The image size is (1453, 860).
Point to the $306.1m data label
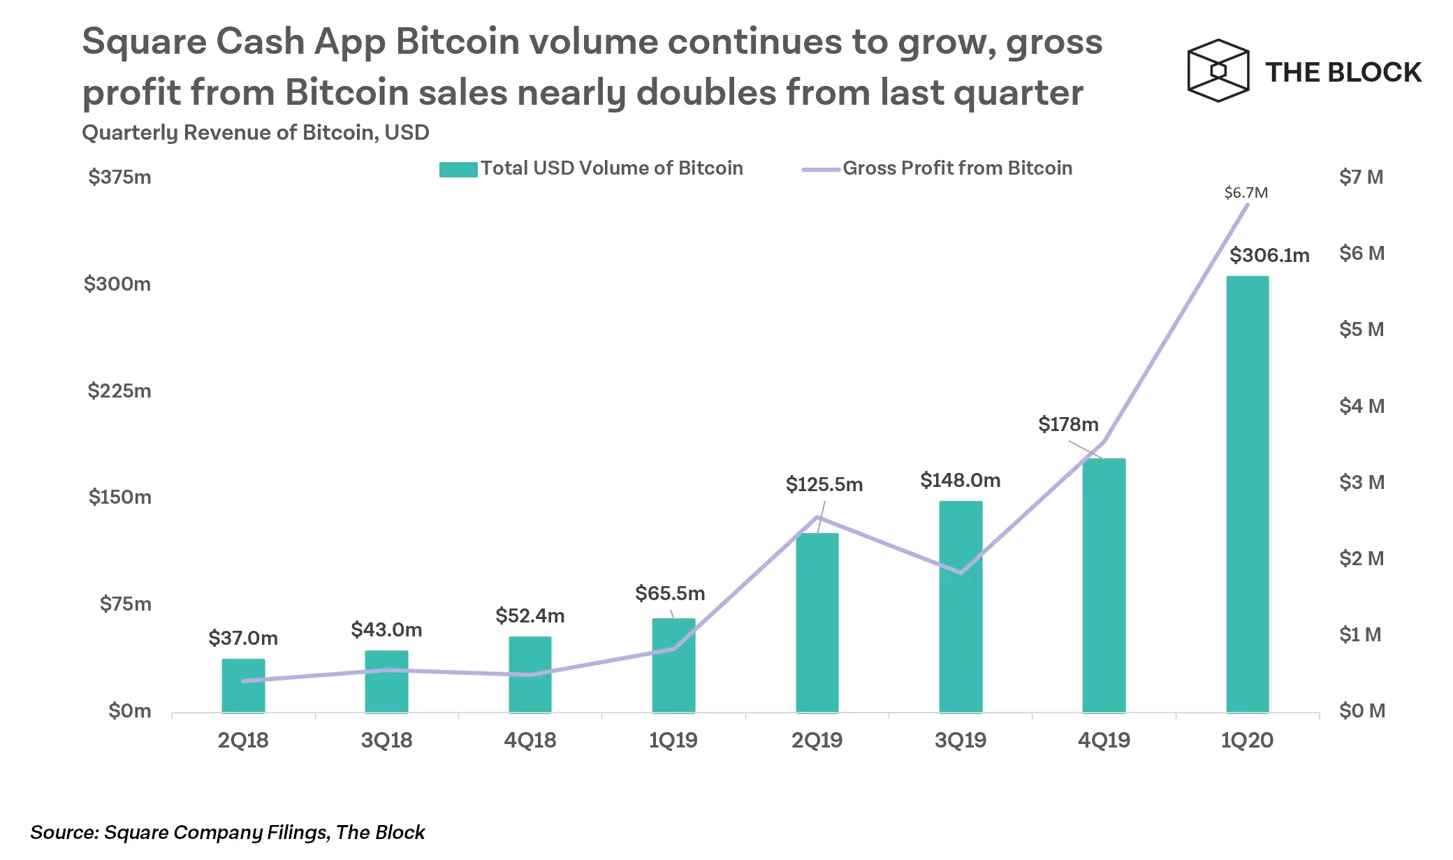[x=1269, y=255]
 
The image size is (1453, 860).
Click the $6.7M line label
[x=1246, y=193]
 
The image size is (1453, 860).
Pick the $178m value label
[x=1068, y=424]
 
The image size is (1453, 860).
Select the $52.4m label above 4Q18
[x=530, y=615]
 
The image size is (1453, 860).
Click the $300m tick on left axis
[x=117, y=284]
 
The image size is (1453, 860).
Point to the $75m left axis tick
[x=126, y=604]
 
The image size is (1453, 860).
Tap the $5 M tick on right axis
[x=1361, y=329]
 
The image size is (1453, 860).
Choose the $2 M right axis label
[x=1361, y=558]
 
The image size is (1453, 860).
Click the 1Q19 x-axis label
[x=673, y=740]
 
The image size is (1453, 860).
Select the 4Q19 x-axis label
[x=1104, y=740]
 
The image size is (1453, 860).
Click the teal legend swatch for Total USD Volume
[x=458, y=169]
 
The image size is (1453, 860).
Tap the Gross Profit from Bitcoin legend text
[x=957, y=168]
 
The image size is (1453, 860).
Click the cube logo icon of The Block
[x=1218, y=71]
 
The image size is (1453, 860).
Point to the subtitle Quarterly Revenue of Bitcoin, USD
[x=256, y=132]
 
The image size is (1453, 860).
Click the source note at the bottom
[x=228, y=832]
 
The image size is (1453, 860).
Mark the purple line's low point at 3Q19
[x=961, y=573]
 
